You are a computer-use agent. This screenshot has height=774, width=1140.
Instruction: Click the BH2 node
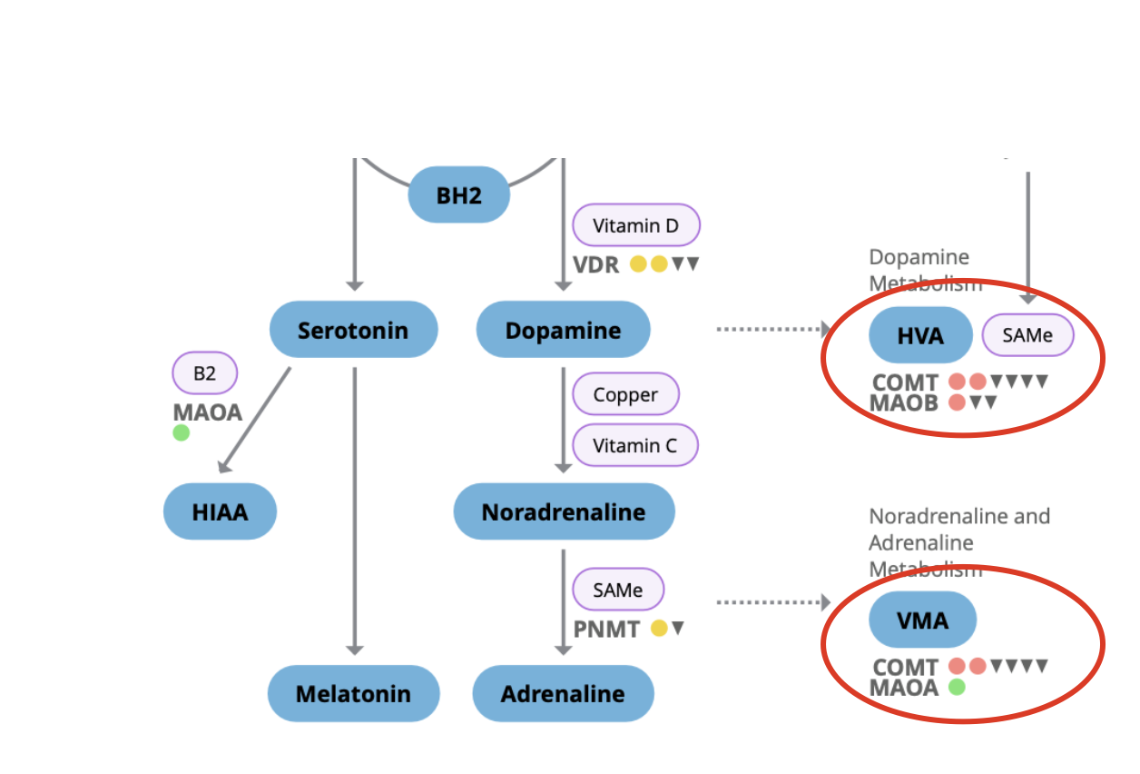458,194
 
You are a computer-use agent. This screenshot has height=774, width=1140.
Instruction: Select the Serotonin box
353,329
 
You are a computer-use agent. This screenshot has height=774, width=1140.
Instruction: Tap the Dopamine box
563,329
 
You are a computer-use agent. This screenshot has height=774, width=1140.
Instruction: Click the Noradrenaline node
564,511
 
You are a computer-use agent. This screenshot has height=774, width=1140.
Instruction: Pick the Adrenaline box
563,694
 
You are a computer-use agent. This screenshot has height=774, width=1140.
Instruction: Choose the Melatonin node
353,694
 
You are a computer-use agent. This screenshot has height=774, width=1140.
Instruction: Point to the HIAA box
220,511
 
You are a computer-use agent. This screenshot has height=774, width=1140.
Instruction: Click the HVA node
920,335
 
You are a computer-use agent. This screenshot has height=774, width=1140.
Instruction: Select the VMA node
922,620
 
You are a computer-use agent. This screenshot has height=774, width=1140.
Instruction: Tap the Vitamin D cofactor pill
635,225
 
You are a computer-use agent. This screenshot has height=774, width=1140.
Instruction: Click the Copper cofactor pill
625,394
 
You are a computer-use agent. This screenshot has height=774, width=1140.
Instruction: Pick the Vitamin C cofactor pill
634,445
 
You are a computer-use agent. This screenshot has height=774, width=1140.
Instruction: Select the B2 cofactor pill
205,372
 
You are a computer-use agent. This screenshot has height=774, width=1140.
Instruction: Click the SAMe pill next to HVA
1027,335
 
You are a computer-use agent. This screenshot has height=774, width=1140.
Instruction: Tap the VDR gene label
595,264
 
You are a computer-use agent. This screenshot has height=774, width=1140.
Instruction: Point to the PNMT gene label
606,629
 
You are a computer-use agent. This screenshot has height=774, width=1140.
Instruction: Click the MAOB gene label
903,402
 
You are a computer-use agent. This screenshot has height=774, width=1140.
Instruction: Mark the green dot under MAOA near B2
182,432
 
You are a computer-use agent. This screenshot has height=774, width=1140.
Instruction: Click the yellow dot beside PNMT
659,628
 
